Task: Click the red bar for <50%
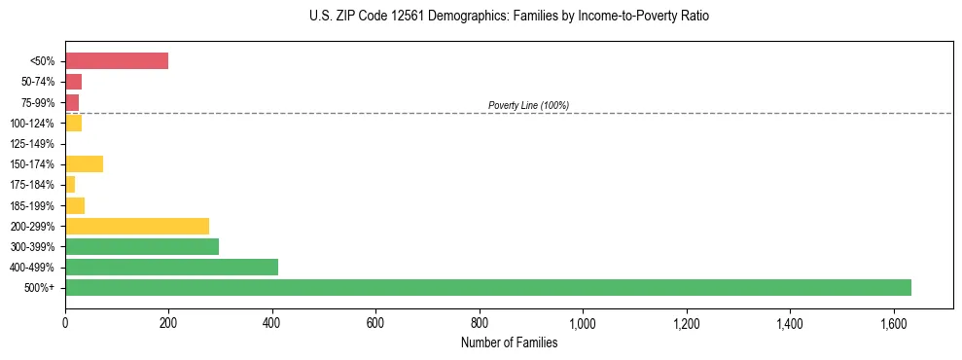117,61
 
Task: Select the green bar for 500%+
487,287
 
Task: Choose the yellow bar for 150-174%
84,163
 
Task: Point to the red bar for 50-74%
73,82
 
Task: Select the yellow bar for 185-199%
75,205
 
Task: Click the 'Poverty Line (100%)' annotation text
528,105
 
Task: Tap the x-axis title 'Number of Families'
509,342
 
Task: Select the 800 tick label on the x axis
480,322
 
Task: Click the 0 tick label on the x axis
65,322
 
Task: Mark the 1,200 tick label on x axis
686,322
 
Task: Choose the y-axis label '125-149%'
32,144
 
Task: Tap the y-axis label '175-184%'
32,185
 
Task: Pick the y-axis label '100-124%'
32,124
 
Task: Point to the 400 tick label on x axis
272,322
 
